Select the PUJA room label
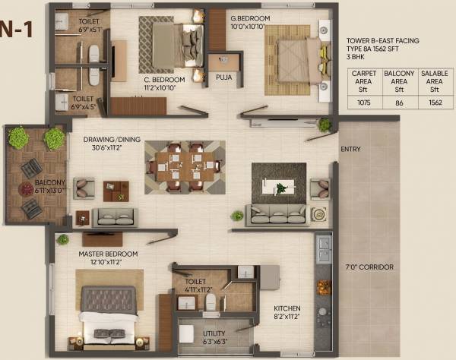point(223,77)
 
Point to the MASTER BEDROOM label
point(108,254)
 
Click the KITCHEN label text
point(289,308)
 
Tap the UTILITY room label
point(213,333)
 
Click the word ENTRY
point(350,149)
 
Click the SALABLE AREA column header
point(432,80)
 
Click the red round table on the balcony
point(27,189)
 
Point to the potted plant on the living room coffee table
point(281,188)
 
